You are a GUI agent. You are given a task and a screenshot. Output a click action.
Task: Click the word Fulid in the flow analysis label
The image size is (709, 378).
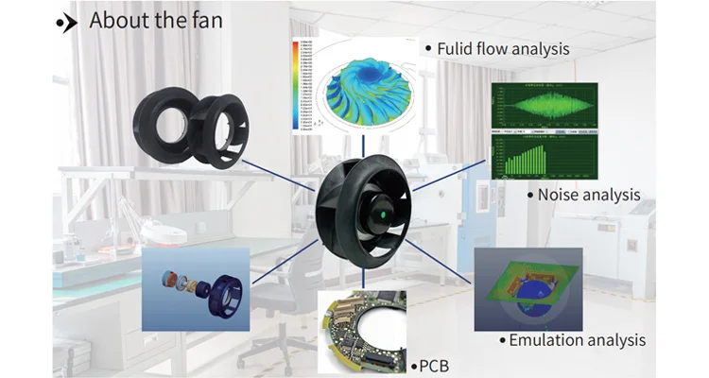point(458,46)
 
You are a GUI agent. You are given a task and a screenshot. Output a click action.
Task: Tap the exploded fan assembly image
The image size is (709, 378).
point(195,289)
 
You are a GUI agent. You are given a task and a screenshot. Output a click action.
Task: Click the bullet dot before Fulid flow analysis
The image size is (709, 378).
point(428,47)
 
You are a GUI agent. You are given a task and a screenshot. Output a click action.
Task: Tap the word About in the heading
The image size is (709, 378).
point(121,20)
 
